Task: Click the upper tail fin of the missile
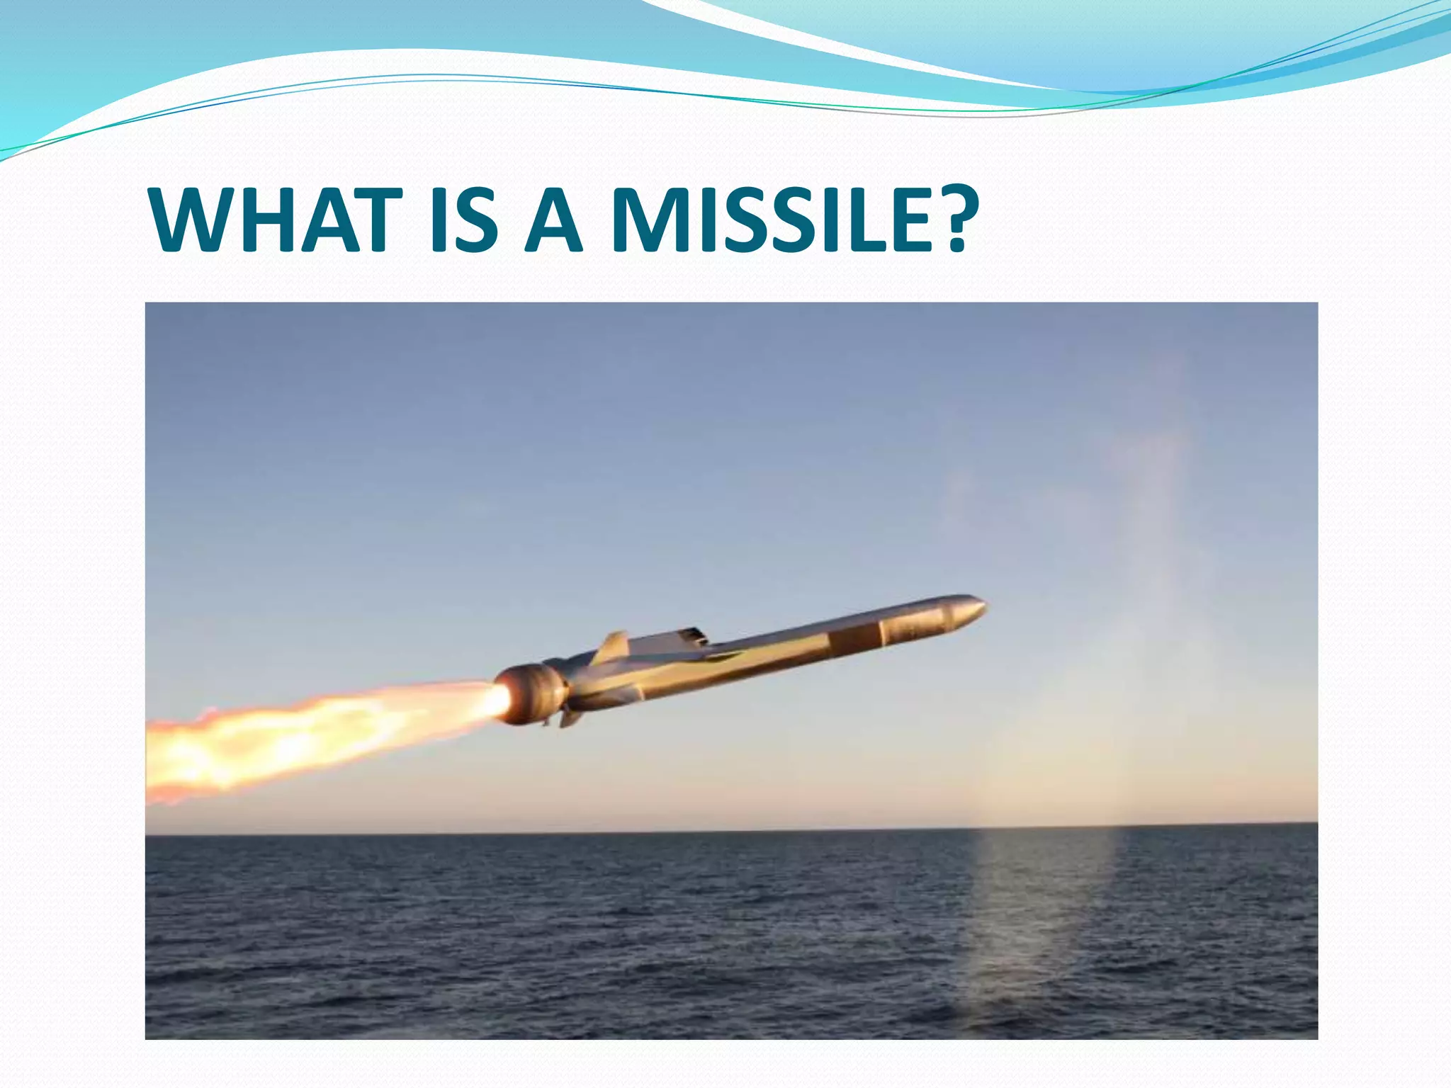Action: (x=614, y=646)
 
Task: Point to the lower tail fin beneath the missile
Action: (x=571, y=718)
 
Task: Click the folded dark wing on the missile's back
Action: (x=691, y=635)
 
